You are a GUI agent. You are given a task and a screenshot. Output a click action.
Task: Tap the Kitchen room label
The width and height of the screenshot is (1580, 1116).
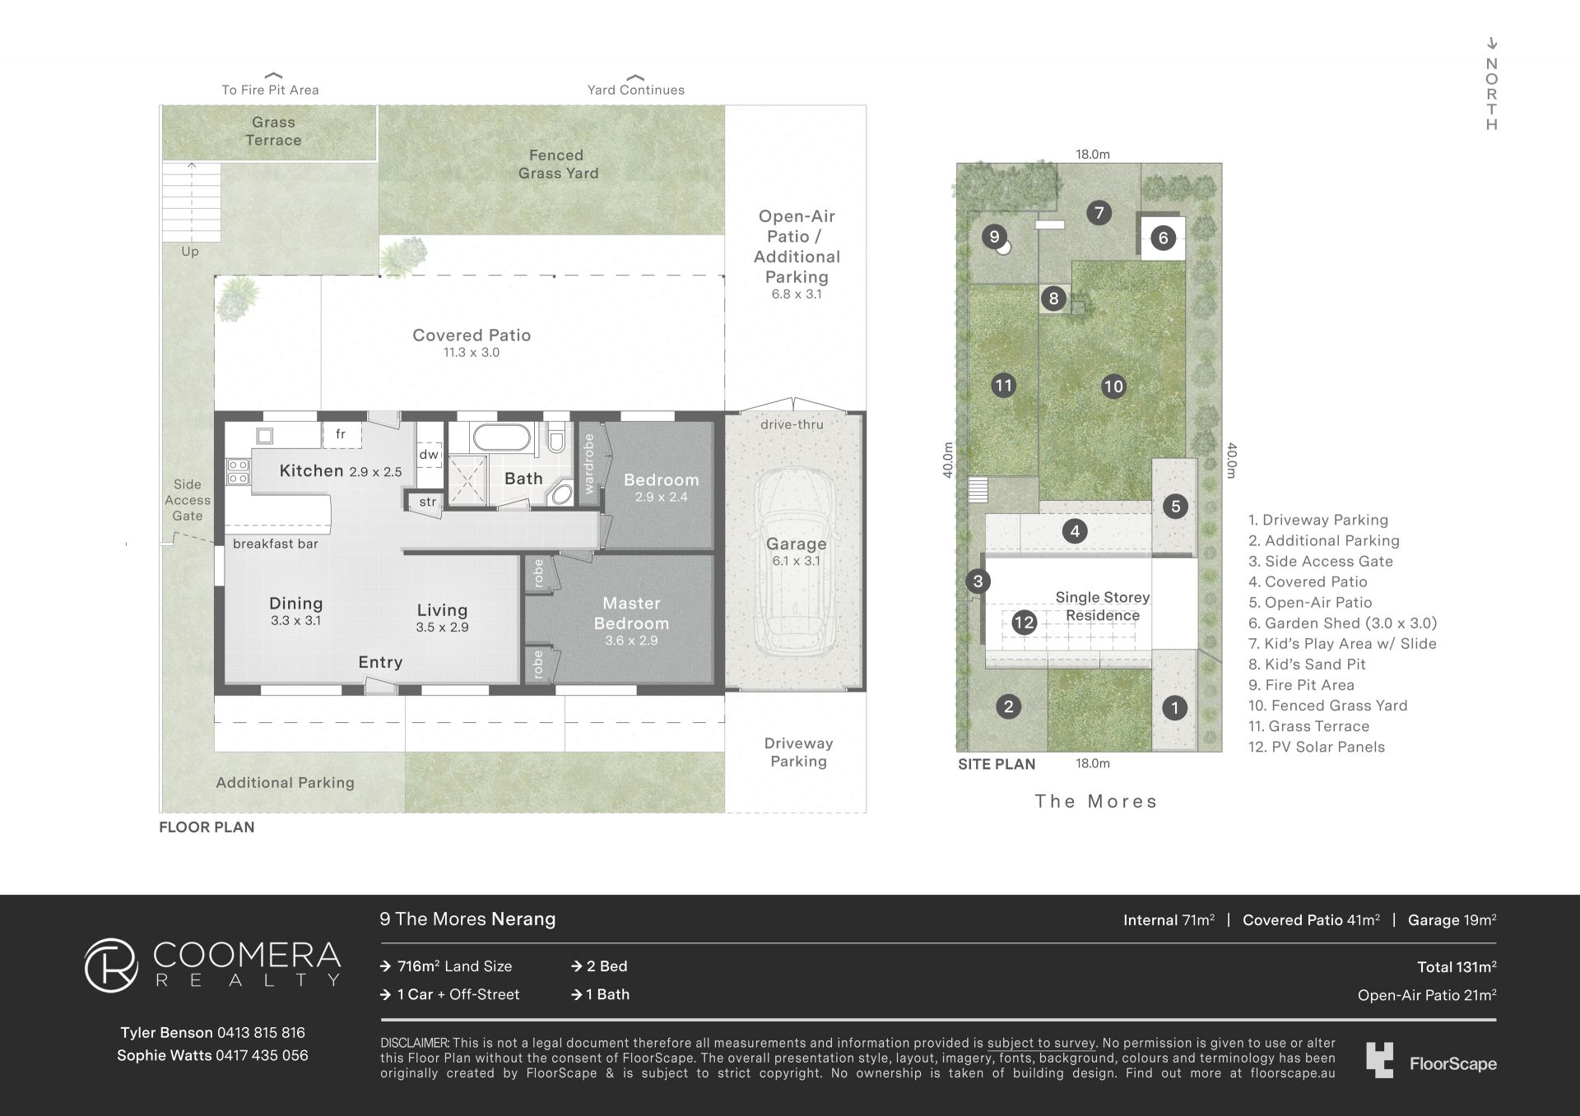311,470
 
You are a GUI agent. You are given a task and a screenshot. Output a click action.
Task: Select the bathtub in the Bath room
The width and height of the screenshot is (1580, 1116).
501,437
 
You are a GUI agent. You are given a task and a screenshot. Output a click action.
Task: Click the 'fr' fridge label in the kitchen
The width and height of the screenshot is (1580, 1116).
341,434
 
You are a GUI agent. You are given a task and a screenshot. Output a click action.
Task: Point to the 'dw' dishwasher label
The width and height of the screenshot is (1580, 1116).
429,454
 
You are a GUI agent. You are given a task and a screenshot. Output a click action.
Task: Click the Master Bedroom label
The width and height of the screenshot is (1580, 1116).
631,614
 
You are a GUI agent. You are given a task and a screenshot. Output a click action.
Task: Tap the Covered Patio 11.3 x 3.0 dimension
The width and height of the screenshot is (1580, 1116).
472,353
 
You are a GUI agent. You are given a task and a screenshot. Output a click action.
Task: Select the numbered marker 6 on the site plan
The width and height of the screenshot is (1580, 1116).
1163,238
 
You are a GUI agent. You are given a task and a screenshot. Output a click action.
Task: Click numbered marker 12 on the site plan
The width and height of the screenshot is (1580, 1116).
1024,623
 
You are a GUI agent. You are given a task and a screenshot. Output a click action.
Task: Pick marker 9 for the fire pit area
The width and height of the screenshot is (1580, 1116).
994,237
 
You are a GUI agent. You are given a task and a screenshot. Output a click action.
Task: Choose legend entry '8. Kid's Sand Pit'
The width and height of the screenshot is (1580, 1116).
1307,665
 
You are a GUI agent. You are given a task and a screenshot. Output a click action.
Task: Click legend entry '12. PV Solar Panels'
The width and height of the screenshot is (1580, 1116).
1317,747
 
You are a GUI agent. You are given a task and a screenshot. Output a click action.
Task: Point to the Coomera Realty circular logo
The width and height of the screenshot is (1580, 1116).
111,965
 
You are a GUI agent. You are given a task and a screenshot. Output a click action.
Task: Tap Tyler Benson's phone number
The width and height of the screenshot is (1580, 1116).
261,1033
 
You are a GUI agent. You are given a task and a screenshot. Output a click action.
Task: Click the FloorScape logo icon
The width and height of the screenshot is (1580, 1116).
1380,1060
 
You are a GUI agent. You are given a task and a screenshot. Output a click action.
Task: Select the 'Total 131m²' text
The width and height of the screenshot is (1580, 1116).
1457,967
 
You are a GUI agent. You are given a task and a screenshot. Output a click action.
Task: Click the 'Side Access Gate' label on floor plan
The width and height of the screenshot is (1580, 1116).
188,500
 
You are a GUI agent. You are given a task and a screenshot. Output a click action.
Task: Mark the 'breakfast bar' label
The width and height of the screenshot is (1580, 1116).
276,544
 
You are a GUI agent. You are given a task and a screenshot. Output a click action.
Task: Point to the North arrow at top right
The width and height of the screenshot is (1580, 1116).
1492,44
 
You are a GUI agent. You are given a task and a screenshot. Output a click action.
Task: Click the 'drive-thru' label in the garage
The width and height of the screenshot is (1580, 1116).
792,424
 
